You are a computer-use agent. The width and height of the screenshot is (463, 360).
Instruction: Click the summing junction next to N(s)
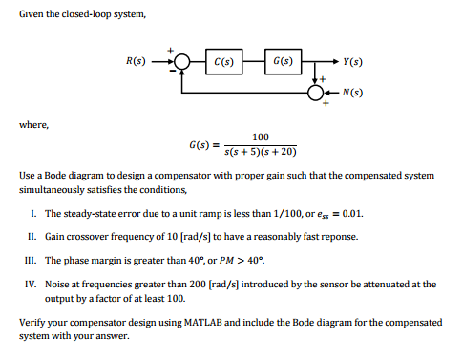click(315, 93)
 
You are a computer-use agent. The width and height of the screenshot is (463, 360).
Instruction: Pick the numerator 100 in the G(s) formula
click(261, 138)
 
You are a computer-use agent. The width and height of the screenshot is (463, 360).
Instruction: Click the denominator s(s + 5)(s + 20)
click(261, 152)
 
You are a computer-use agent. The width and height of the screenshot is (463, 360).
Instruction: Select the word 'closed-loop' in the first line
click(88, 13)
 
